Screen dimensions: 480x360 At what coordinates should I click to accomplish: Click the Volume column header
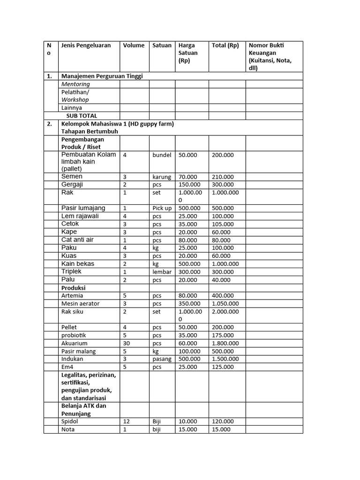pos(134,45)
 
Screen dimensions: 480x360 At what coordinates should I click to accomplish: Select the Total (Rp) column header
pos(225,45)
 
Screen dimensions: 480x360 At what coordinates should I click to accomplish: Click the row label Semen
pos(72,177)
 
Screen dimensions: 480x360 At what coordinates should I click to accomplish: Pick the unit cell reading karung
pos(162,177)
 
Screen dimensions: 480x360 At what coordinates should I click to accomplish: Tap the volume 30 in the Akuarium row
pos(127,343)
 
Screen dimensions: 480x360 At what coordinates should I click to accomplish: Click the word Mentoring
pos(75,84)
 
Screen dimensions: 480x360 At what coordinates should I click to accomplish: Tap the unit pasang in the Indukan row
pos(163,359)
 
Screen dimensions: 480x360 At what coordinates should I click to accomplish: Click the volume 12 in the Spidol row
pos(127,422)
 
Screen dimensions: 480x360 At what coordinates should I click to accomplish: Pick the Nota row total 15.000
pos(221,429)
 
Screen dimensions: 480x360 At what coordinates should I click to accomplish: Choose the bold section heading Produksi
pos(74,288)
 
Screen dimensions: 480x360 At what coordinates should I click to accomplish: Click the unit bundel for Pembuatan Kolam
pos(162,155)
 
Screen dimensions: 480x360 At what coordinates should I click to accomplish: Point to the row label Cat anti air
pos(77,240)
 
